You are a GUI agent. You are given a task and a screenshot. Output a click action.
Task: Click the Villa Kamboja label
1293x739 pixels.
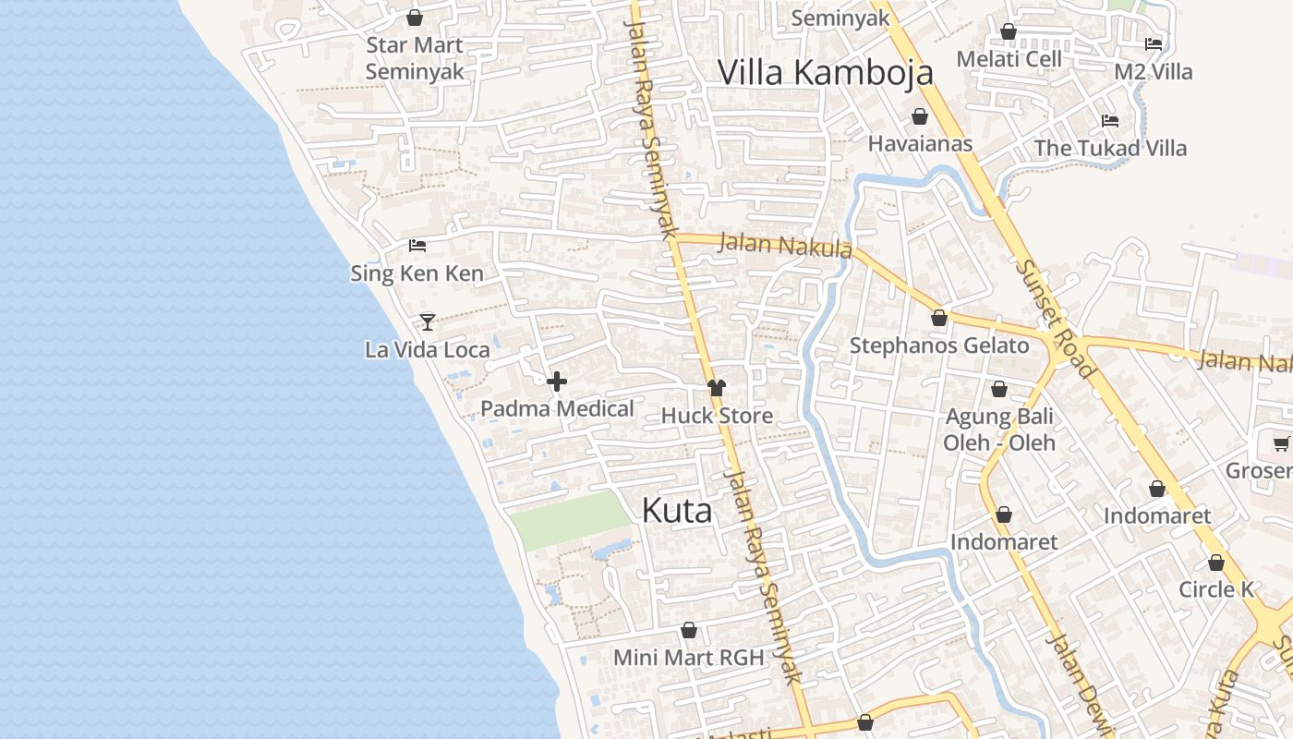pos(826,72)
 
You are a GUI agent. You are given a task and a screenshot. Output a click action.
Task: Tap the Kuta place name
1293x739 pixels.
pos(677,510)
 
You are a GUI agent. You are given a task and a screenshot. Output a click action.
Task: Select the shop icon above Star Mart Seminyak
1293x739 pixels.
pos(415,18)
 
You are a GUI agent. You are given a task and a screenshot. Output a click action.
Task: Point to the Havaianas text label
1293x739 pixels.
pos(920,143)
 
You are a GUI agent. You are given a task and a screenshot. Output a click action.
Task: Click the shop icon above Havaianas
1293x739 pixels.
pos(920,116)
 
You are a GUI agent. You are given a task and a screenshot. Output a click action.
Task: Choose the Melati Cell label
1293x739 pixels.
pos(1009,59)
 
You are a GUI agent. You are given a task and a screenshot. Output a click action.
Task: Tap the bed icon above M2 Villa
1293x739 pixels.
pos(1154,43)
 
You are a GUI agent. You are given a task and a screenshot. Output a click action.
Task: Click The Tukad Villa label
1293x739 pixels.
pos(1110,148)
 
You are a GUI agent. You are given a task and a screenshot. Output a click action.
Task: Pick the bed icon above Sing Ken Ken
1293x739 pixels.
pos(417,246)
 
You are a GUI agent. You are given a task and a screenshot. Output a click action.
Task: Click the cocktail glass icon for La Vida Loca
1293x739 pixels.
pos(428,321)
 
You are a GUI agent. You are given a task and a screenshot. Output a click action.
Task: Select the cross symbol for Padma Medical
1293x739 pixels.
pos(557,382)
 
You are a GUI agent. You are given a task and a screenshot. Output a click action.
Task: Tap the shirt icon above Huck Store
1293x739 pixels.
pos(717,388)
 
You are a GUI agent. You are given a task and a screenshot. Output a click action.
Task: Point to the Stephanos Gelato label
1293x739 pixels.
pos(938,345)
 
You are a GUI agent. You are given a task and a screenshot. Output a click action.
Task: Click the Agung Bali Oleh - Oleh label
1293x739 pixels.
pos(999,430)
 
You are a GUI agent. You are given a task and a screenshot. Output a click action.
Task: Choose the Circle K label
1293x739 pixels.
pos(1215,589)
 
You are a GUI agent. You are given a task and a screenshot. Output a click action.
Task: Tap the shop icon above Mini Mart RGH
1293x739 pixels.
pos(689,631)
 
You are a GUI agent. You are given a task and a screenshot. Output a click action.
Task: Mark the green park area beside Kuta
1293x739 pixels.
pos(570,519)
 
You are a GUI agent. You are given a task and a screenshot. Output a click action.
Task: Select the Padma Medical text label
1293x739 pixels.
pos(557,408)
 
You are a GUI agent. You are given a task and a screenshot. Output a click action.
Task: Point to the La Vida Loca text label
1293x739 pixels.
pos(428,349)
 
